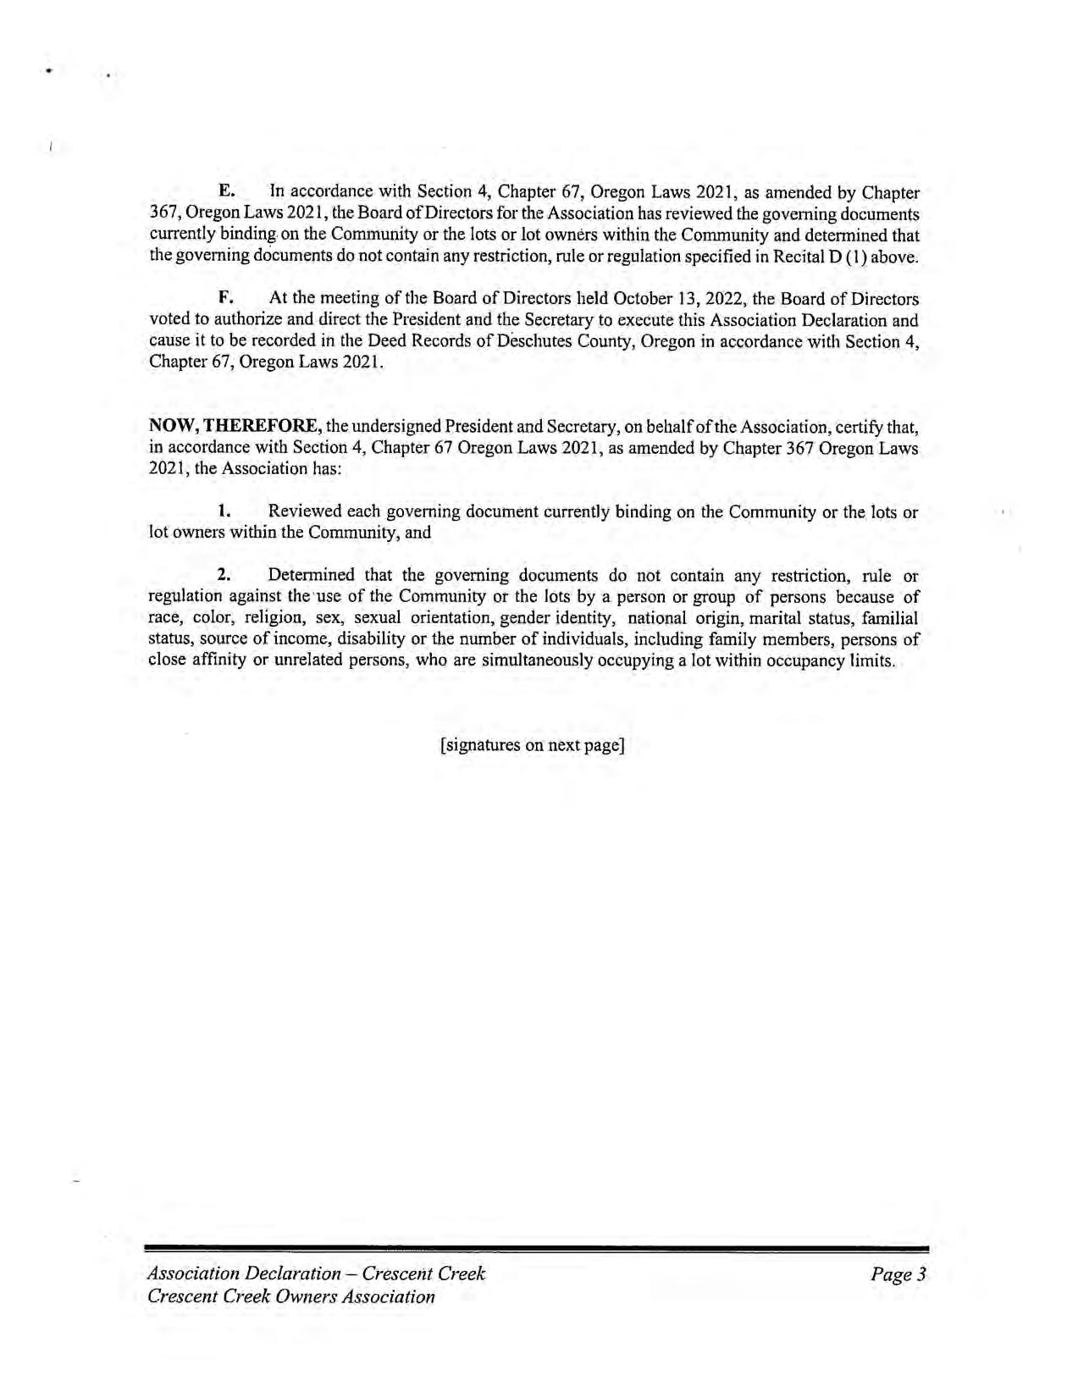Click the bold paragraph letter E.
225,193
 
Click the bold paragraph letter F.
225,299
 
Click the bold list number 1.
224,511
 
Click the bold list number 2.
224,576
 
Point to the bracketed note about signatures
533,745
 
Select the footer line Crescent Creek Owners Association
290,1296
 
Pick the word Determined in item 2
311,576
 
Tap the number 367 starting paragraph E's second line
163,214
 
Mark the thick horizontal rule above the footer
537,1249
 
